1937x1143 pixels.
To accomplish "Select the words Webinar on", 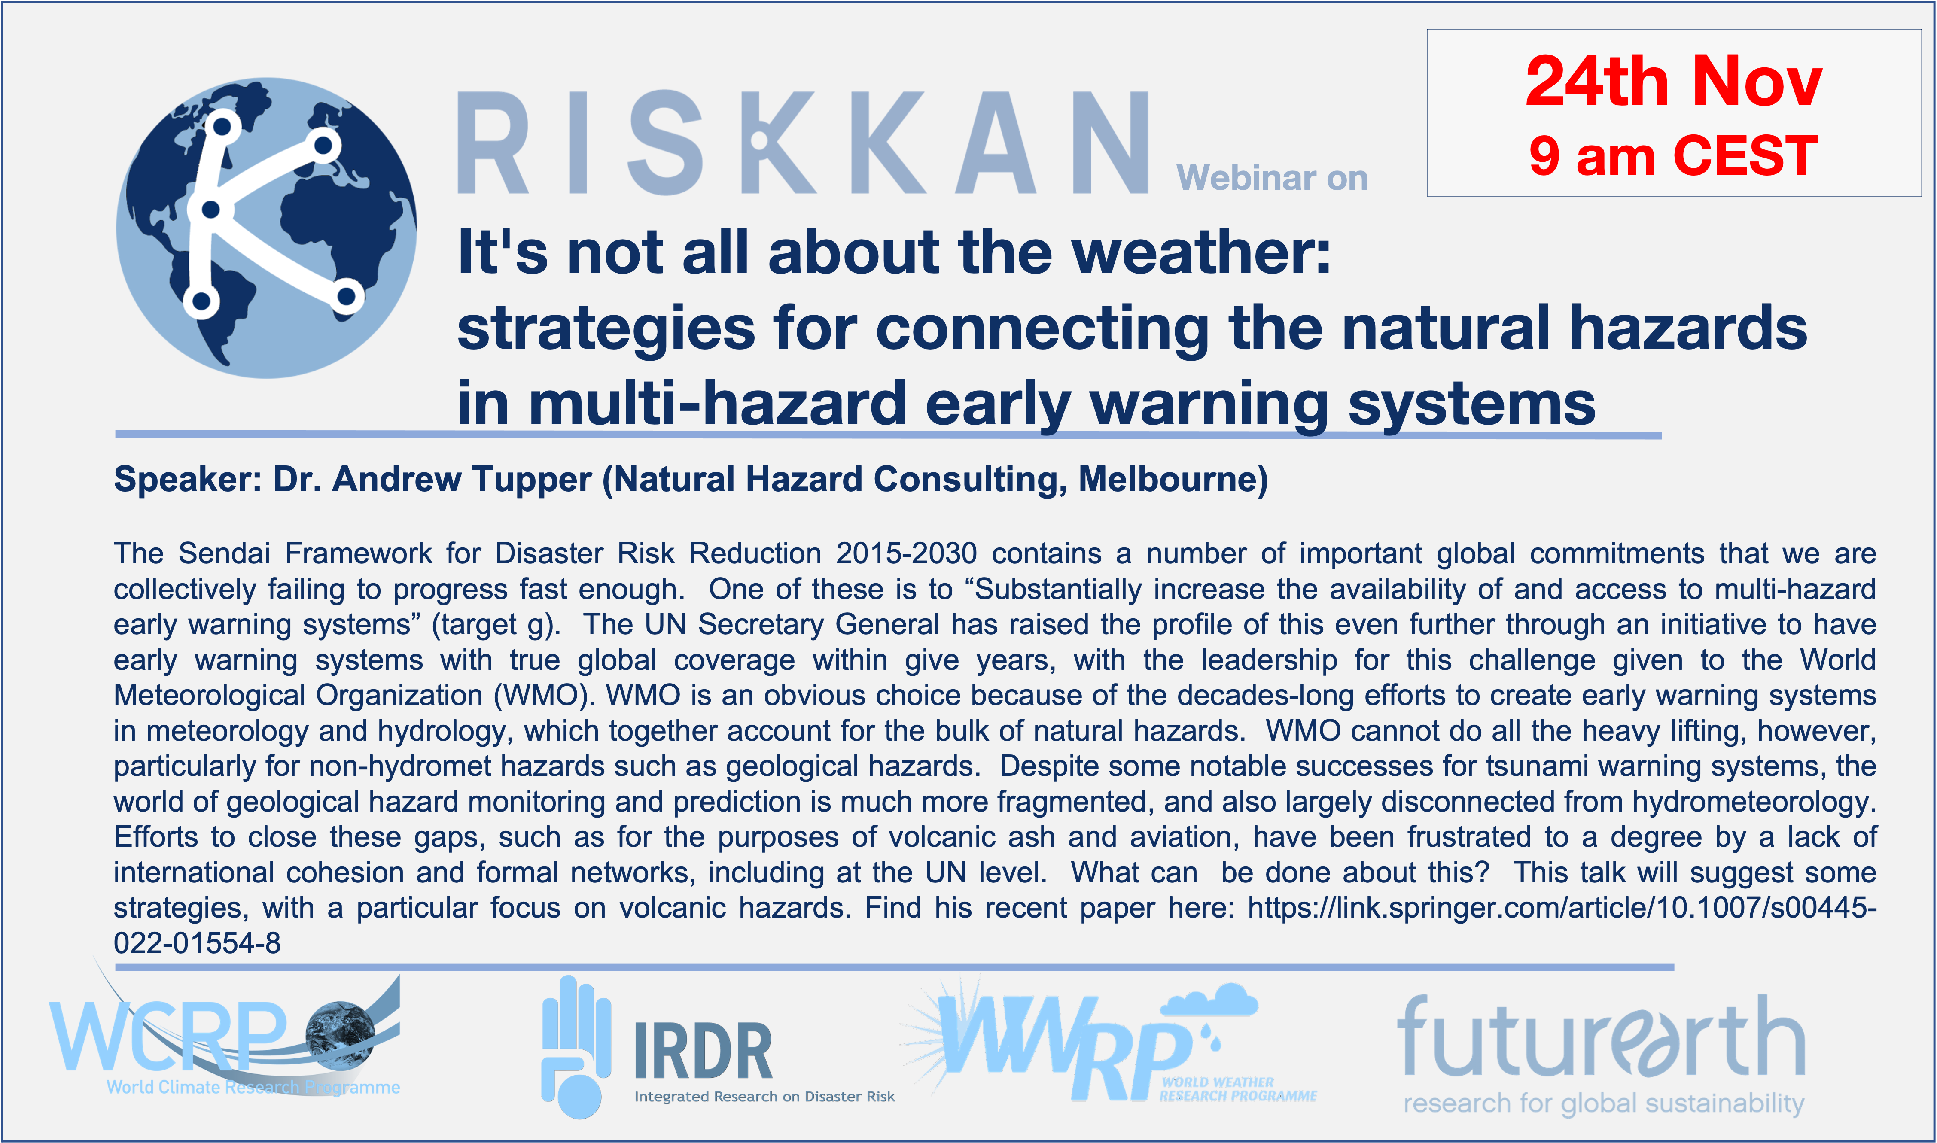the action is [x=1272, y=178].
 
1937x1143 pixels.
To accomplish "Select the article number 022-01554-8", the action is [x=197, y=943].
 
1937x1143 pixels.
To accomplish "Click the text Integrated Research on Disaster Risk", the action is [x=765, y=1097].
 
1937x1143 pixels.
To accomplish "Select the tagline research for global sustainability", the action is [x=1604, y=1104].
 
